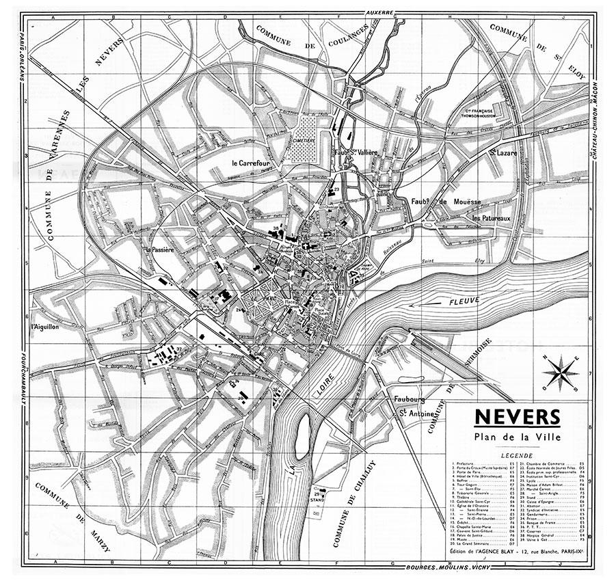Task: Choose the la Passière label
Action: click(160, 250)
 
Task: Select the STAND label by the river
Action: click(317, 499)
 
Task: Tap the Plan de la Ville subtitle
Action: click(517, 437)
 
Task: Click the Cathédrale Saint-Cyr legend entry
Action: click(479, 502)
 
